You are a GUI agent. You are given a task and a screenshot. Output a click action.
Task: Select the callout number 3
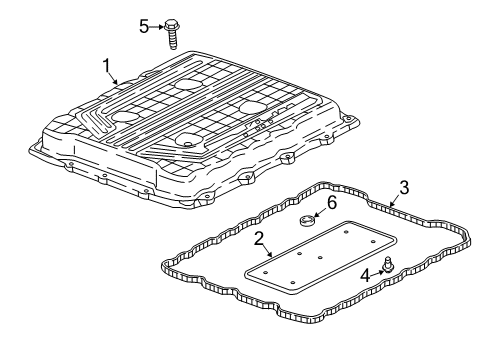pyautogui.click(x=403, y=186)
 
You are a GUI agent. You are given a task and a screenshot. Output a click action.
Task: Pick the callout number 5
pyautogui.click(x=143, y=26)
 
